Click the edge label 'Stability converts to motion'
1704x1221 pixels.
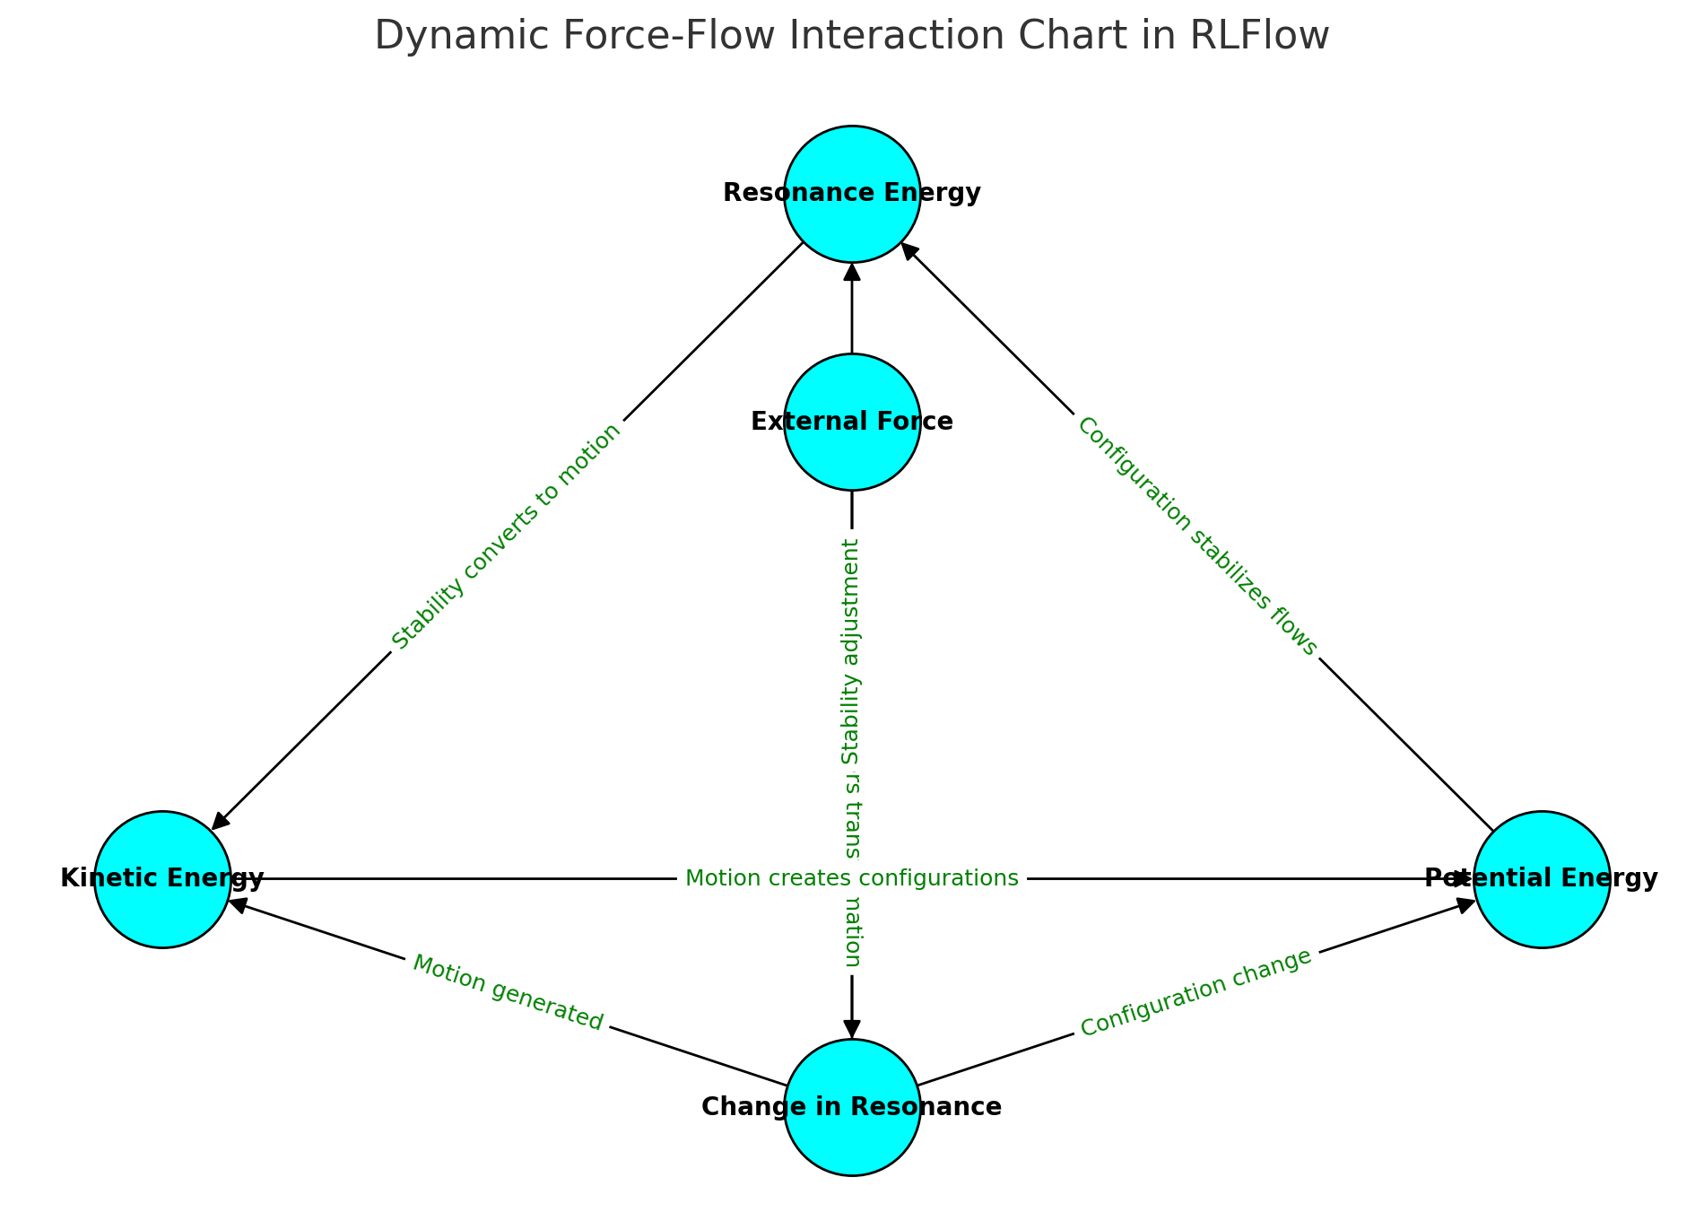point(507,536)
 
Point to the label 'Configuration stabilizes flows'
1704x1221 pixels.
point(1196,536)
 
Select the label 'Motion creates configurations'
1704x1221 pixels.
point(851,878)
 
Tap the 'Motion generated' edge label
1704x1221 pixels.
point(508,992)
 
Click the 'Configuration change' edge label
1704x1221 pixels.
point(1195,993)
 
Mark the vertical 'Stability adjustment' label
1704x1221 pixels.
point(851,651)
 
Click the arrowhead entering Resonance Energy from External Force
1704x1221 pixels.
point(852,271)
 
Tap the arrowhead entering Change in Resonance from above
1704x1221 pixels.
point(852,1029)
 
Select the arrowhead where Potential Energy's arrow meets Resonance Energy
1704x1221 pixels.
point(909,250)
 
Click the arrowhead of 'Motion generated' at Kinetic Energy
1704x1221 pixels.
point(239,904)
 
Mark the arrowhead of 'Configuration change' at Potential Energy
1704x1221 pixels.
point(1465,904)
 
